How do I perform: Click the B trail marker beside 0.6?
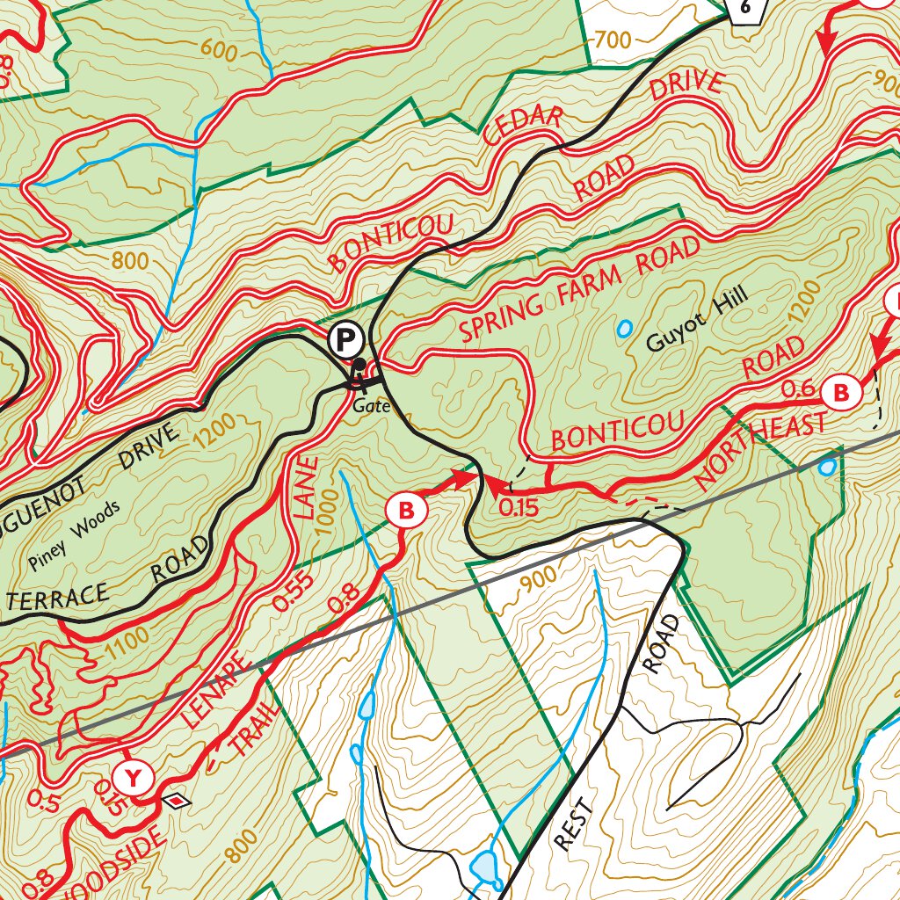click(x=841, y=391)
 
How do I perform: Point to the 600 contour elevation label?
click(x=219, y=49)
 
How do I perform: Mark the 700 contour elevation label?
click(x=613, y=40)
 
